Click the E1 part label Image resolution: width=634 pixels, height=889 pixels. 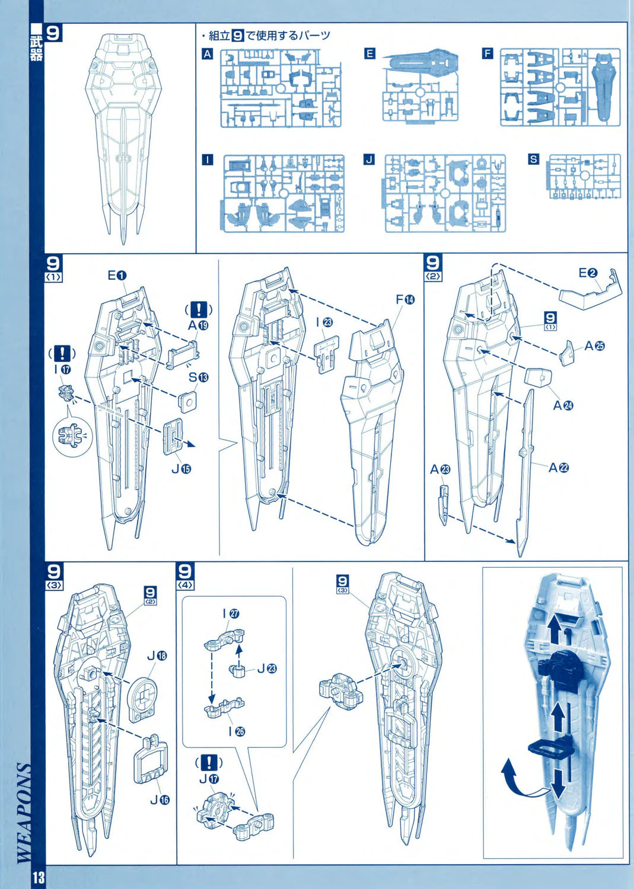(117, 275)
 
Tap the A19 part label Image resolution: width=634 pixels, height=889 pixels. (199, 325)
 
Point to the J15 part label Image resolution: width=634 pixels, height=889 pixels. (181, 469)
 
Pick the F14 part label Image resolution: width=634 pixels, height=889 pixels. (405, 300)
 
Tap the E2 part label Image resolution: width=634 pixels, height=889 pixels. (588, 273)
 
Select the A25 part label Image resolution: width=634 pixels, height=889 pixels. (594, 346)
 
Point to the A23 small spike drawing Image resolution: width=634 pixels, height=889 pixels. (444, 504)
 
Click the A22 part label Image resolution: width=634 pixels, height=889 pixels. (559, 468)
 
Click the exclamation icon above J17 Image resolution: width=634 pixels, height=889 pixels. (209, 762)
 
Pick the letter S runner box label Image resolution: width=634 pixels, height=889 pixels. (534, 159)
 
